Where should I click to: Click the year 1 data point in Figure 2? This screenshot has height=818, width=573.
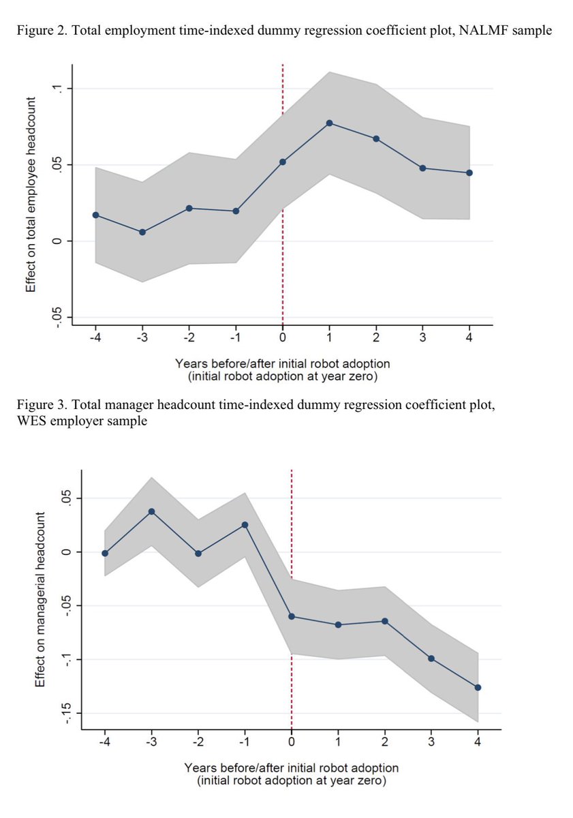pos(329,123)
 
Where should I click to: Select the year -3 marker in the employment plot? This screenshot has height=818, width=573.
pos(142,232)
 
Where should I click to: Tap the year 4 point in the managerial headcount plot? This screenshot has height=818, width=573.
pos(478,687)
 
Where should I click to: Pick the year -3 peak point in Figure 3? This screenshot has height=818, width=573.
pos(152,511)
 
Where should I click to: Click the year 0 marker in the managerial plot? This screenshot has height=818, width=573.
pos(292,616)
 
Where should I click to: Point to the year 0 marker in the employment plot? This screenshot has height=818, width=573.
pos(283,162)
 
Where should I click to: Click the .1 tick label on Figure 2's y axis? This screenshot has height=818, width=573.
pos(58,89)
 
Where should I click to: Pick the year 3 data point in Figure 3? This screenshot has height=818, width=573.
pos(431,658)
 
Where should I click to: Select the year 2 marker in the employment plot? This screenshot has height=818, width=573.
pos(375,138)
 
